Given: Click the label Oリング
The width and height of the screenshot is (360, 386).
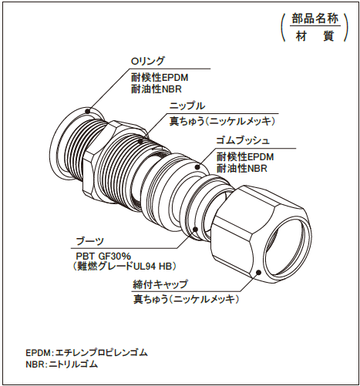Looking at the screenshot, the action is (x=147, y=61).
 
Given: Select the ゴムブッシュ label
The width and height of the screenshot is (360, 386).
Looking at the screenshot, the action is (x=243, y=140).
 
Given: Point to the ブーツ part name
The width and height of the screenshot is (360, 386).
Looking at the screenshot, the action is (x=89, y=241).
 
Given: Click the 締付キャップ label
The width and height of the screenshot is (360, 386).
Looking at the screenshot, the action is (x=160, y=284).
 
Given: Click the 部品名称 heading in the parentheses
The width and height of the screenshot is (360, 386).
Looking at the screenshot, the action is (x=315, y=18).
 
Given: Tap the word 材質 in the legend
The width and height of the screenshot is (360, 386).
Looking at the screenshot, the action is (x=315, y=36).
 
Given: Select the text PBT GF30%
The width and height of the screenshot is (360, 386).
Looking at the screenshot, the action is (x=103, y=256).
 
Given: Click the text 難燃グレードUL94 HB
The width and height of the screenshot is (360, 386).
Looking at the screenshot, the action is (x=124, y=267).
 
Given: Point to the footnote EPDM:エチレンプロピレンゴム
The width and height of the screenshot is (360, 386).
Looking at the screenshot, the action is (x=87, y=353).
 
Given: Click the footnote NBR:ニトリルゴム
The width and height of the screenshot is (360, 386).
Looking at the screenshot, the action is (x=62, y=364).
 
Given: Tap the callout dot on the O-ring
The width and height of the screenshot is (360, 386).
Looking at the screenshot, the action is (x=88, y=112).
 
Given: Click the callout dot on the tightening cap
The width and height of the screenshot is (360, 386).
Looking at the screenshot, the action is (x=258, y=273).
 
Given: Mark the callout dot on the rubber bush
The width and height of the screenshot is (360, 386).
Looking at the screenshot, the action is (x=197, y=167).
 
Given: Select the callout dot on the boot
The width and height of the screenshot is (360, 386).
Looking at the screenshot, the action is (x=195, y=230).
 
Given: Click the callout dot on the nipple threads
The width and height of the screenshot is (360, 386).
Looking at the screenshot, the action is (x=140, y=141).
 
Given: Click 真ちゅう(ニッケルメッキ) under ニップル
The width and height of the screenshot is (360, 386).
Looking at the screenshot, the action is (x=222, y=122).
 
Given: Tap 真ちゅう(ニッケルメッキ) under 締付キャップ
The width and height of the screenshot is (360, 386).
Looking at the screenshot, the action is (x=186, y=299).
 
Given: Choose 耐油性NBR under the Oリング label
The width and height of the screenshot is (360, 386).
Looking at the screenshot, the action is (x=156, y=89).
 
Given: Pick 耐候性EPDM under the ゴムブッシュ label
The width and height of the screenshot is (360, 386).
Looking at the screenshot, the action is (x=245, y=156).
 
